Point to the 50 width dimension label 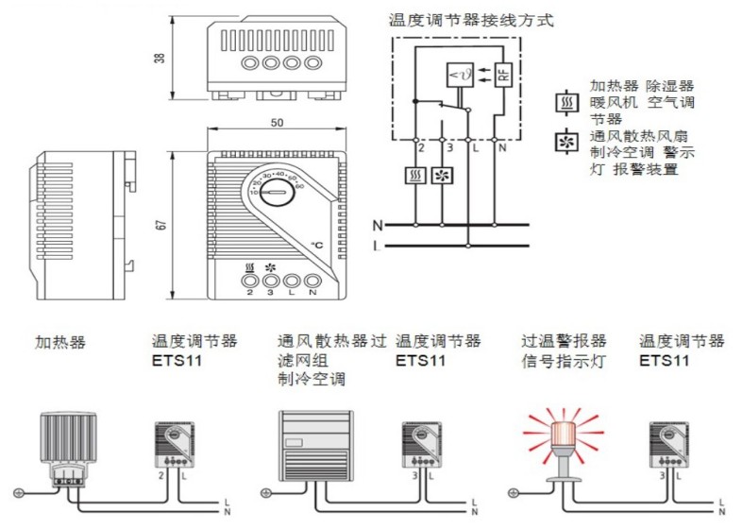(278, 124)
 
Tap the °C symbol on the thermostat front (318, 246)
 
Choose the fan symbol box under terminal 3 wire (441, 176)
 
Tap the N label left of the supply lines (378, 226)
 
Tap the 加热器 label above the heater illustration (60, 342)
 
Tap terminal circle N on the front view (312, 281)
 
